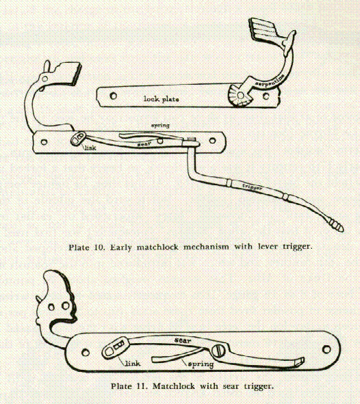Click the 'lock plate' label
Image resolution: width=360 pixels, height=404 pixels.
(x=162, y=98)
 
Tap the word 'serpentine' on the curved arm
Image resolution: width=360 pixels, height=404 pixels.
(x=270, y=80)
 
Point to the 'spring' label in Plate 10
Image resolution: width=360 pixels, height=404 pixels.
(x=160, y=126)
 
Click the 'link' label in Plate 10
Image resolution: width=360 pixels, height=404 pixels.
(x=90, y=148)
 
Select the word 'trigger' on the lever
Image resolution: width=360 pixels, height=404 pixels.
(x=253, y=187)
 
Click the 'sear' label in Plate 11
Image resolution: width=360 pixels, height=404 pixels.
(x=183, y=340)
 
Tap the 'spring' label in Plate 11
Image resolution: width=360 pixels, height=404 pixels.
(x=201, y=364)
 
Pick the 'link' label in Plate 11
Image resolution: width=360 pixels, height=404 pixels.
(x=133, y=363)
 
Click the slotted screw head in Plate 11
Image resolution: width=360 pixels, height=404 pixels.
(x=218, y=351)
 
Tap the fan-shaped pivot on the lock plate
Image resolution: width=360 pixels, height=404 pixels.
(x=239, y=96)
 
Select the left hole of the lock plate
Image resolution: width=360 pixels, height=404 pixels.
(x=113, y=96)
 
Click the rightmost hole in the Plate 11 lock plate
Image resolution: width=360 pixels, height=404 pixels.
(x=326, y=349)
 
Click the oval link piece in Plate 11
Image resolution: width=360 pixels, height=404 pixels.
(x=116, y=348)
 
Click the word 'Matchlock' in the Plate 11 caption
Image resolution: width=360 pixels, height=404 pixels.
(x=174, y=386)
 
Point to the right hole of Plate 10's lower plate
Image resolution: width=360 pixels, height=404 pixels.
(x=212, y=140)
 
